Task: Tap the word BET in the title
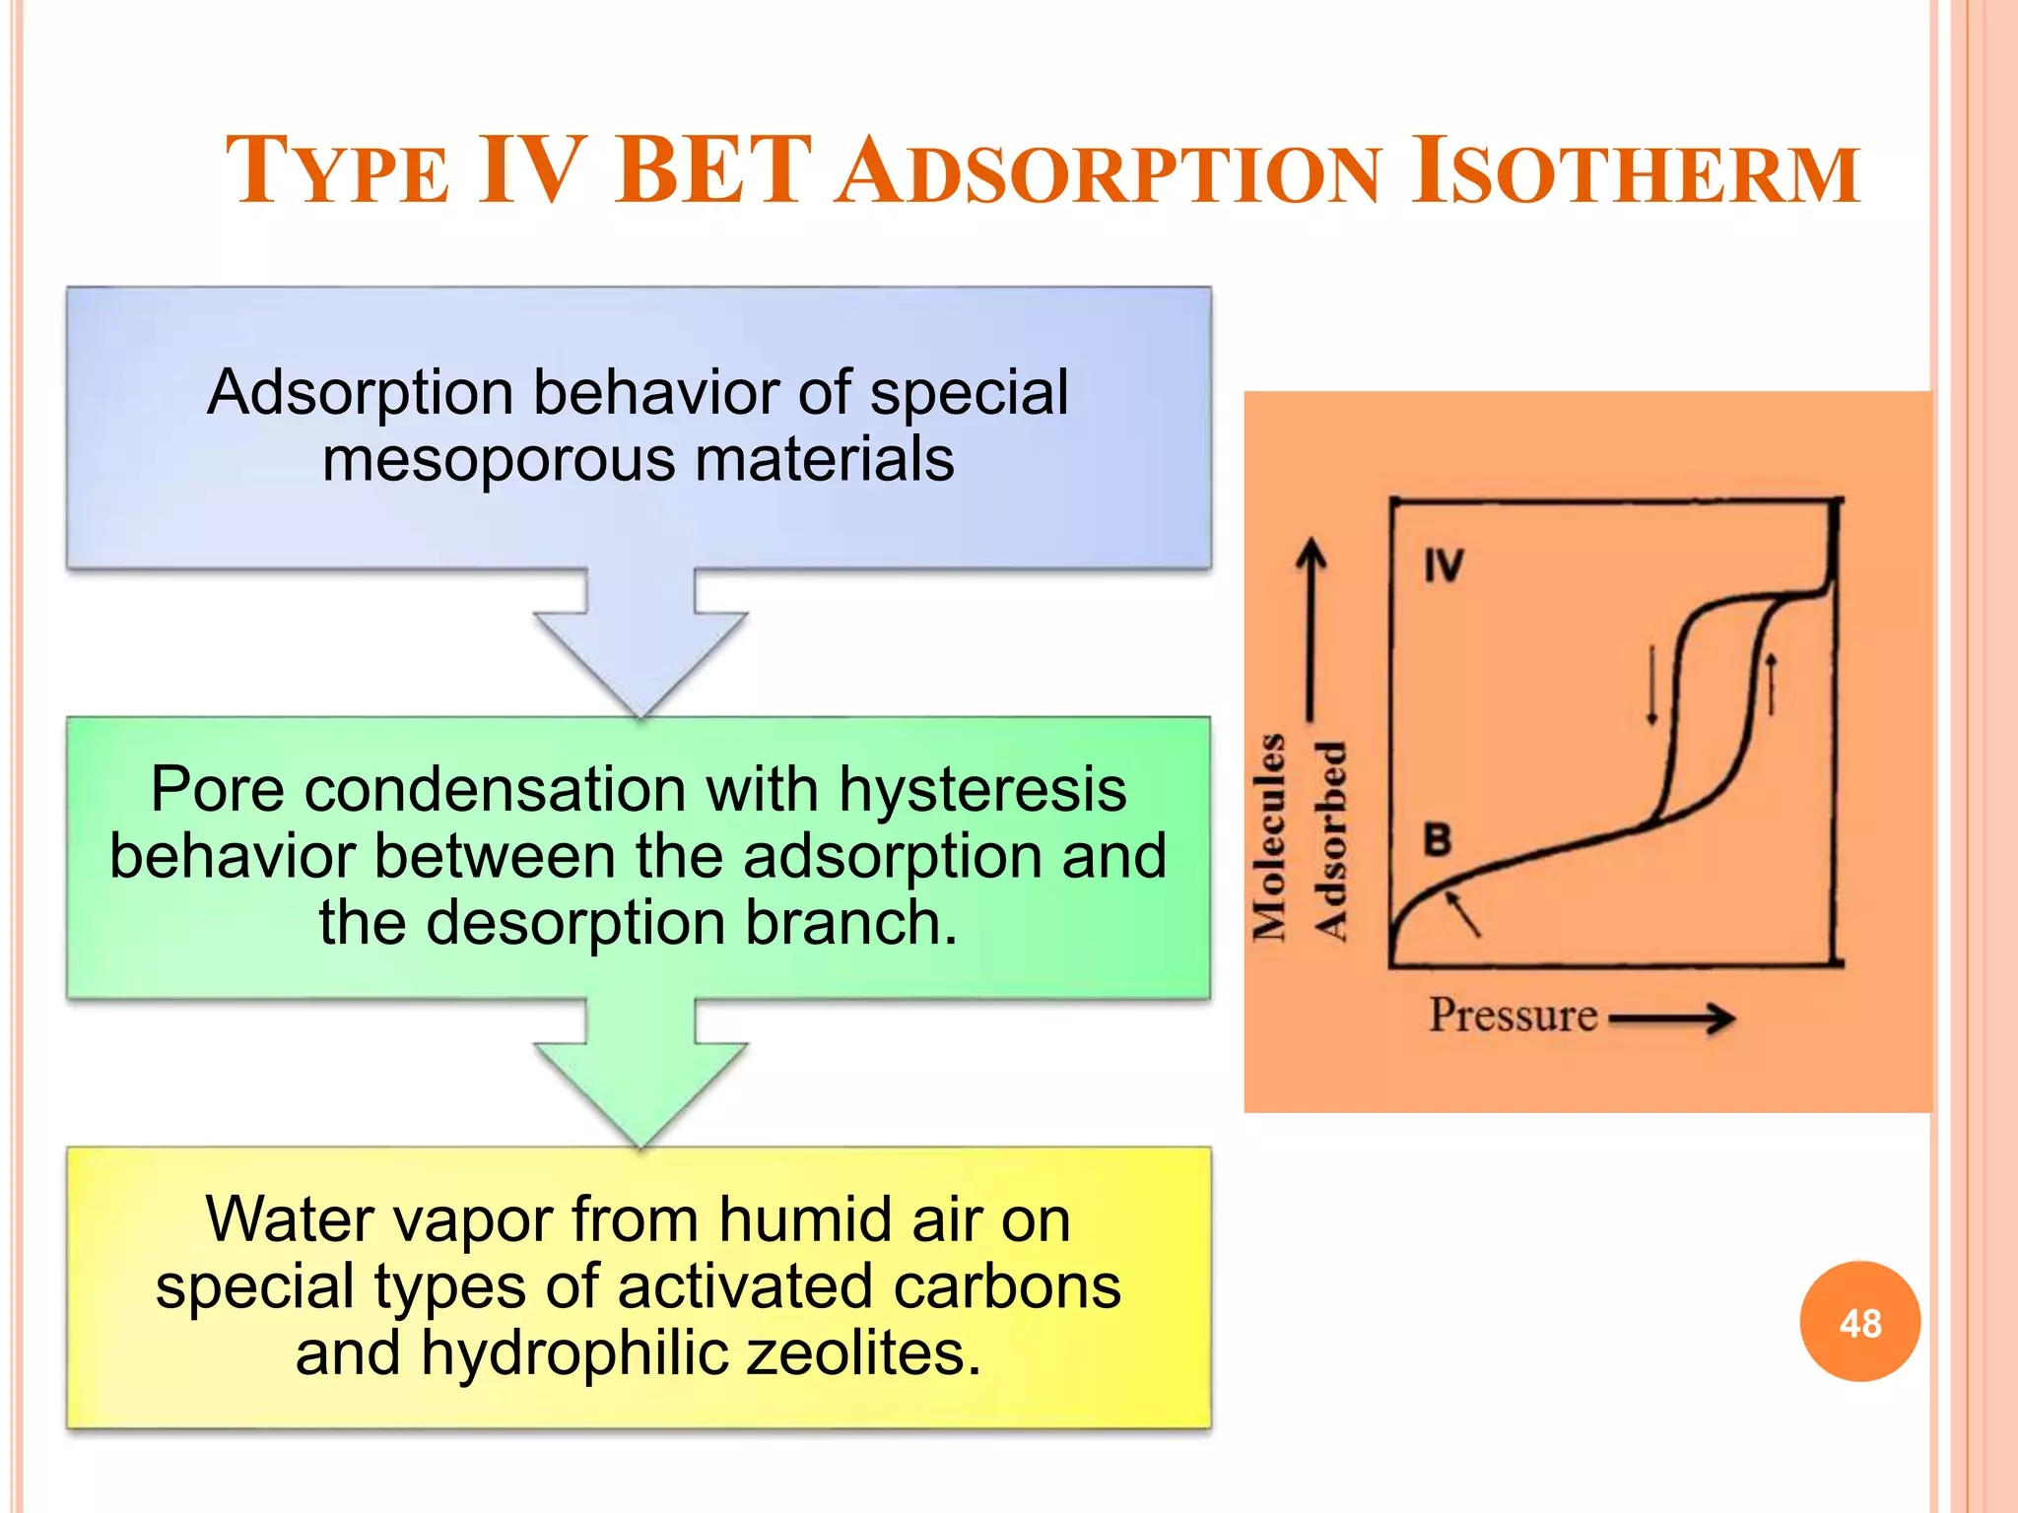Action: pos(713,171)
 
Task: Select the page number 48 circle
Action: pos(1859,1322)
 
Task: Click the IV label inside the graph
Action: pos(1444,566)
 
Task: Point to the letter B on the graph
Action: pos(1438,840)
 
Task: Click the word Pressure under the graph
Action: pos(1513,1016)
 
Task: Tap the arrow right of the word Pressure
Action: pos(1672,1019)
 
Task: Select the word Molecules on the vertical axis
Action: pos(1270,837)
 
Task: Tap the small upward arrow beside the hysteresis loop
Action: pos(1771,684)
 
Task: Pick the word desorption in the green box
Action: pos(576,923)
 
